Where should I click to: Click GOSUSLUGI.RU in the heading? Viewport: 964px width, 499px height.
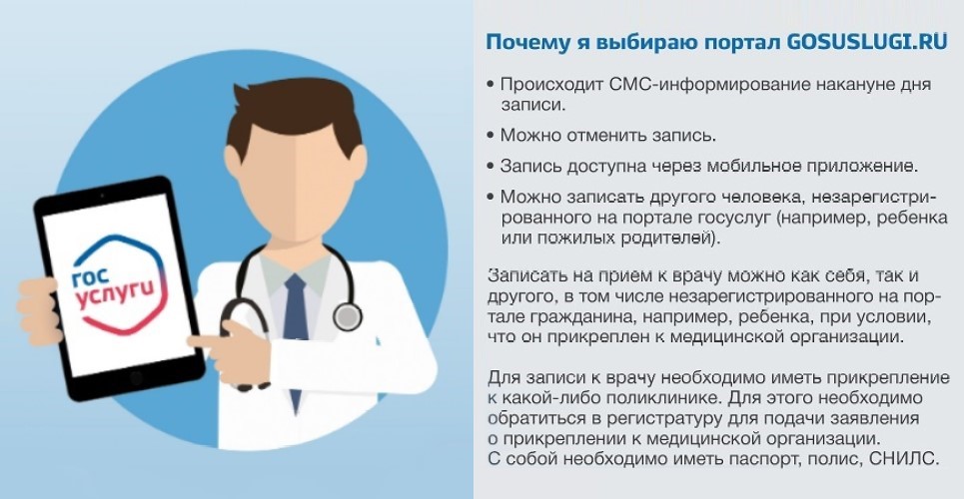pos(867,42)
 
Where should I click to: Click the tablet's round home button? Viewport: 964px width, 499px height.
pos(136,377)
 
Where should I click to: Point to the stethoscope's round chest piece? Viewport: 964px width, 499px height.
pos(348,317)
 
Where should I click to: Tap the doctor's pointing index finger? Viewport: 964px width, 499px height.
pos(208,340)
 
